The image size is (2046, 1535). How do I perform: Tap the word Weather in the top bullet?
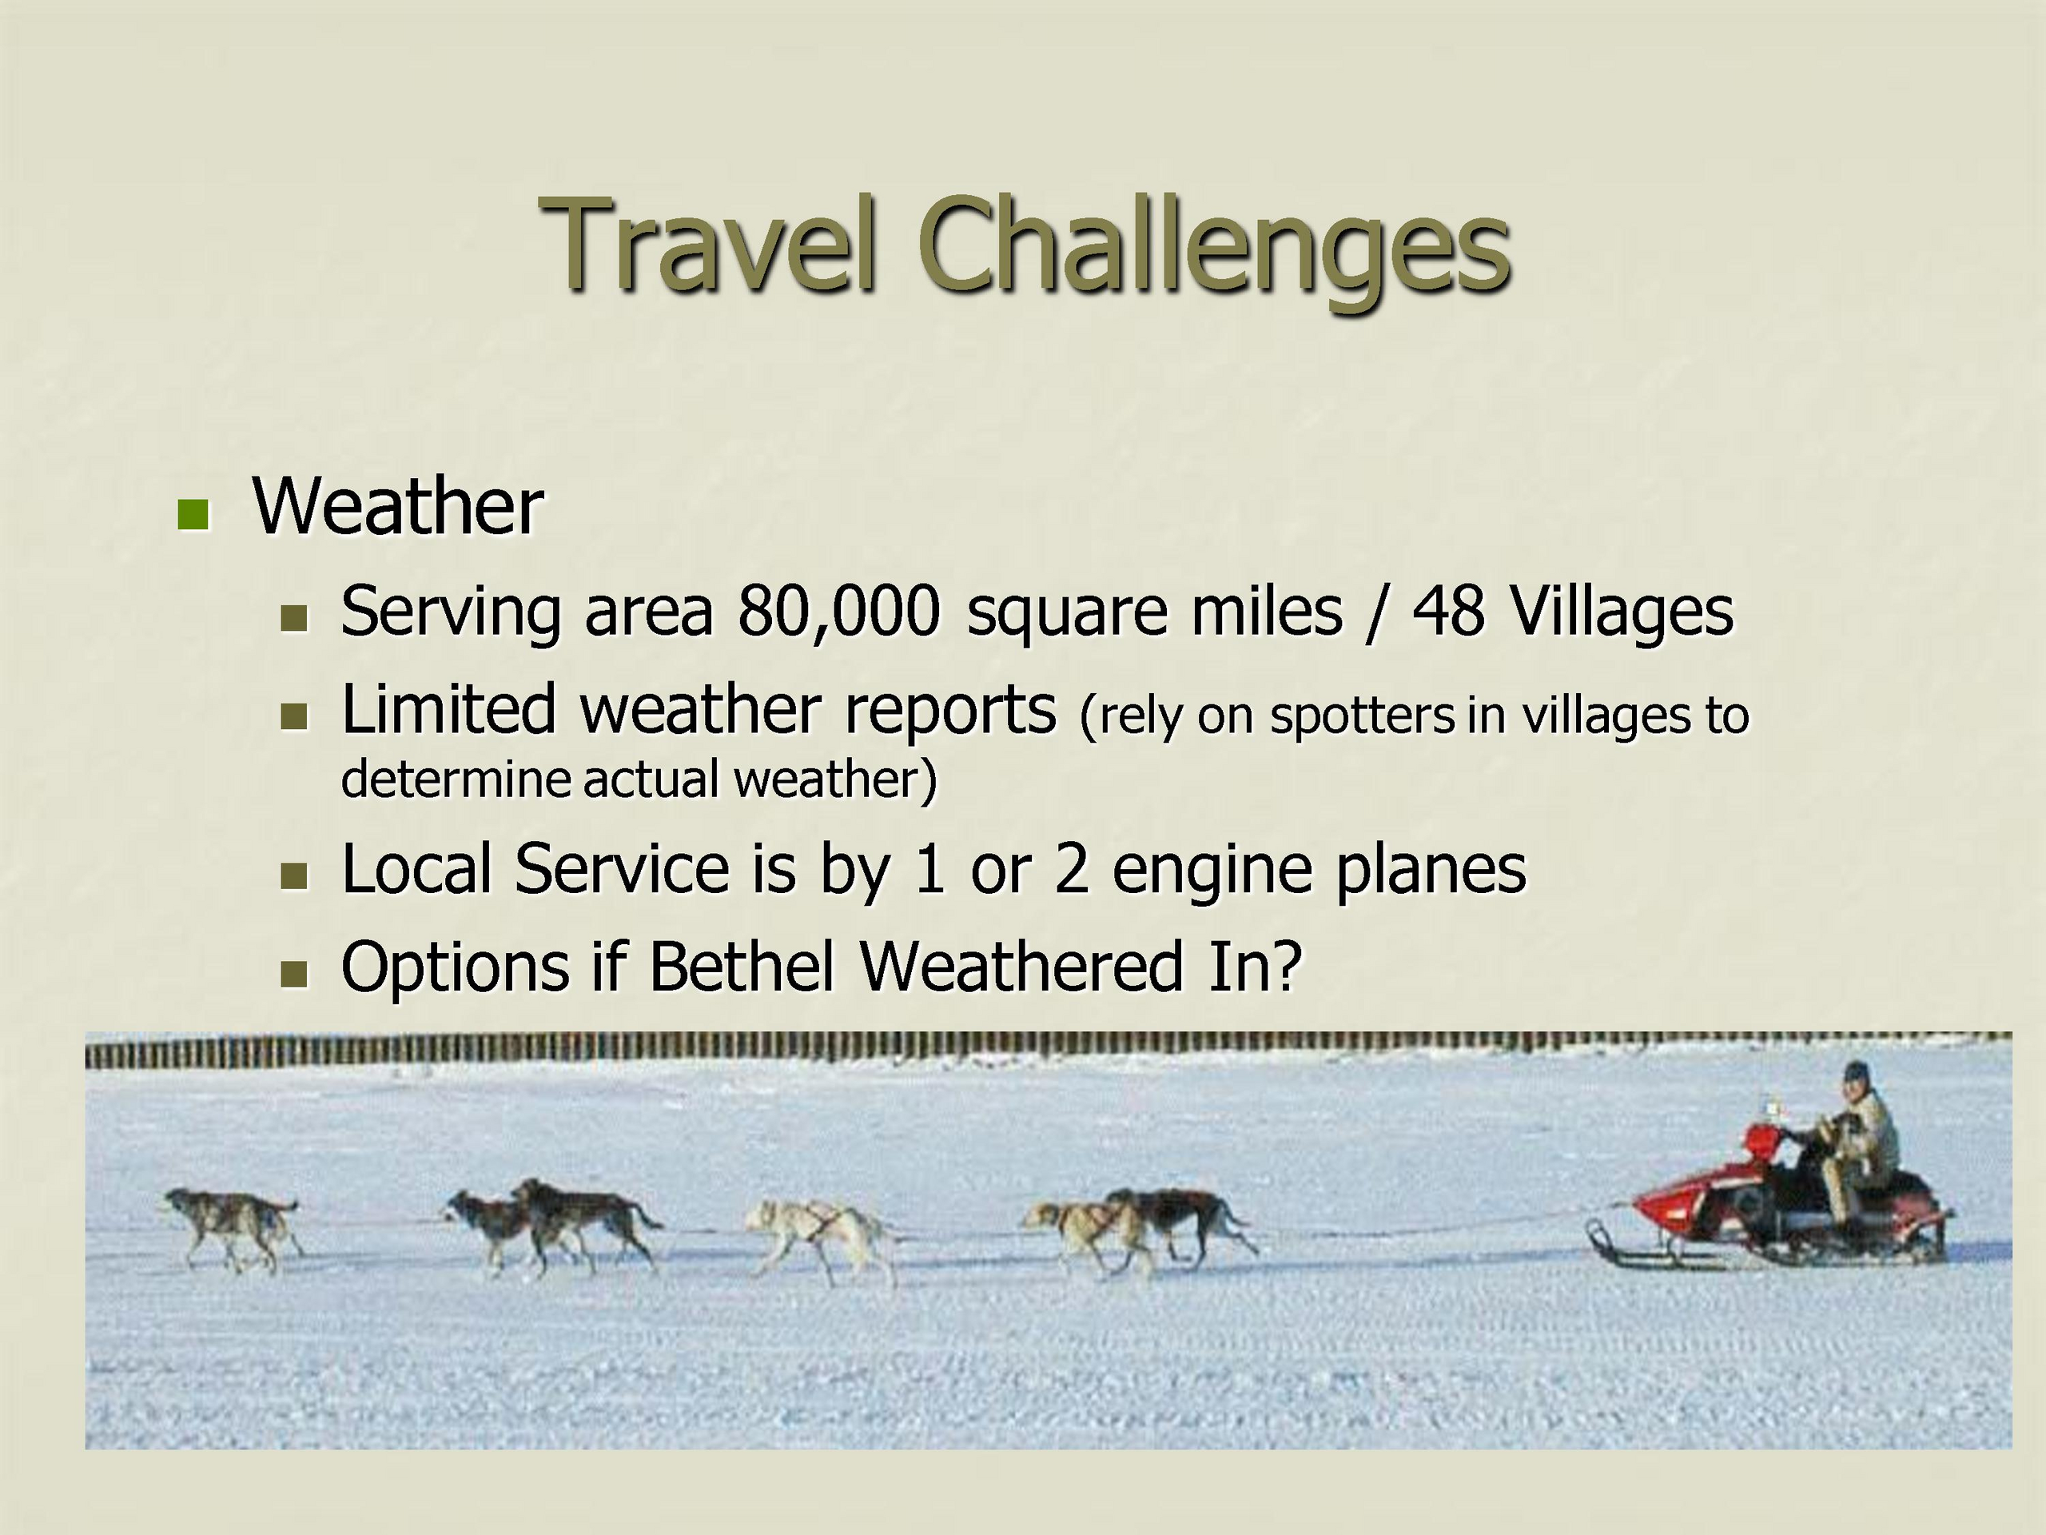[x=398, y=506]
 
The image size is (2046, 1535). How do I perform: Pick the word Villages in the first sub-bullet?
[x=1621, y=612]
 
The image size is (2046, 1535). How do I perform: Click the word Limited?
[x=448, y=709]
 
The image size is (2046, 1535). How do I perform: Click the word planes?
[x=1430, y=871]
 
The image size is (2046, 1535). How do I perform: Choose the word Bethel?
[x=741, y=967]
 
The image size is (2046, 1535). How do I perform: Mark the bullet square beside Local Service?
[x=294, y=876]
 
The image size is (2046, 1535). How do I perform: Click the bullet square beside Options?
[x=294, y=975]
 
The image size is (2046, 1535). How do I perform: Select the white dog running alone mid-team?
[x=822, y=1239]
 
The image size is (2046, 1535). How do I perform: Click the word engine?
[x=1212, y=871]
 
